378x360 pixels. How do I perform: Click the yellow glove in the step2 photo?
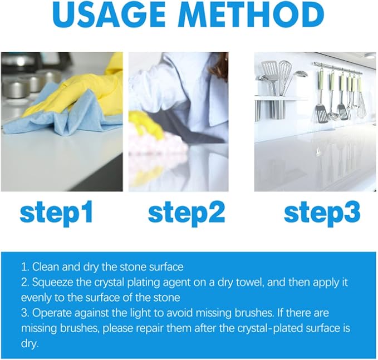click(x=145, y=125)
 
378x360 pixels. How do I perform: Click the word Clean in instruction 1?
click(x=46, y=267)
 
